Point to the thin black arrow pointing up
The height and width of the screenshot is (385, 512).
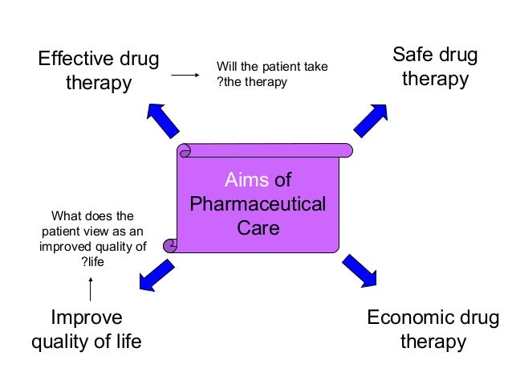click(x=91, y=289)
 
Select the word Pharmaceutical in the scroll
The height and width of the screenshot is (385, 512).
click(x=258, y=203)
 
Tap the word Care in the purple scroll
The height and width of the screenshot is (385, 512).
click(x=258, y=228)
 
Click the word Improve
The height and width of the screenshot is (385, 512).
click(x=87, y=317)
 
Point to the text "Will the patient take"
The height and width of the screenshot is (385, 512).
click(x=273, y=65)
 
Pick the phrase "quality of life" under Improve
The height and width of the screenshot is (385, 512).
click(x=86, y=342)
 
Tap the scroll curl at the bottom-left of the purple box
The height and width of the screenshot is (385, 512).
click(x=170, y=244)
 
